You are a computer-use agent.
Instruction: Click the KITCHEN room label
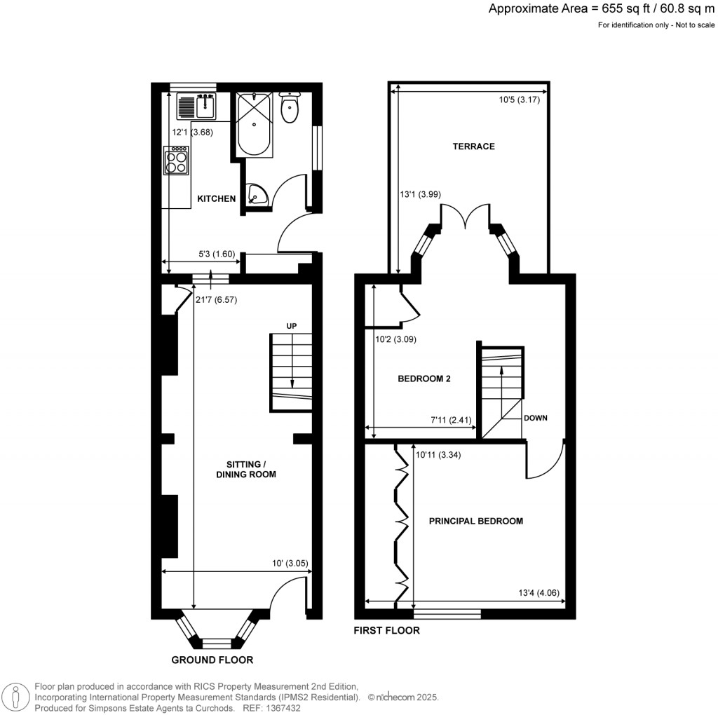(x=216, y=199)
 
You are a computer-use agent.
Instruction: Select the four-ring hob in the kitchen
(x=176, y=161)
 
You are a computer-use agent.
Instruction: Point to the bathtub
(x=254, y=125)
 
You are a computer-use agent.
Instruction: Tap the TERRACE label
(x=473, y=147)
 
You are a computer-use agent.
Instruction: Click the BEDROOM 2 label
(x=424, y=379)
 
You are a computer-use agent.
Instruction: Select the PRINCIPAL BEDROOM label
(x=476, y=522)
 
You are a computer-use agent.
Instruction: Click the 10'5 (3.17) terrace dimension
(x=519, y=100)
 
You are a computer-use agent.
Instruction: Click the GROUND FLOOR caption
(x=212, y=660)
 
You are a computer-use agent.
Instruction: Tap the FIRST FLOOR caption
(x=386, y=630)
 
